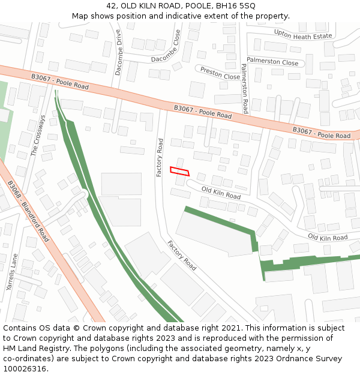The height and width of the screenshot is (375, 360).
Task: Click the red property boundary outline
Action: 179,171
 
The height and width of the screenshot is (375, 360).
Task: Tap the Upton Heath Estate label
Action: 302,35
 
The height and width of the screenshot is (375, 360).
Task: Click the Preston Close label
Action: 220,74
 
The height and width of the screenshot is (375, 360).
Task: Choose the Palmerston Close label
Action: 272,62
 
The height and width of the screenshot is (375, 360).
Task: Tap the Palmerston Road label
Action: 245,89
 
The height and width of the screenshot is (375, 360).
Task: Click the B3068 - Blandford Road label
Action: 28,210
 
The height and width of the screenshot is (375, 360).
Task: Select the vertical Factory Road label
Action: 160,158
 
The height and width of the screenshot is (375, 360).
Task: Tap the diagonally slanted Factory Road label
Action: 182,256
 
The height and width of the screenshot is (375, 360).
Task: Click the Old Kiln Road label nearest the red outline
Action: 221,193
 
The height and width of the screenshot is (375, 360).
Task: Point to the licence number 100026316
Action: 25,368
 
